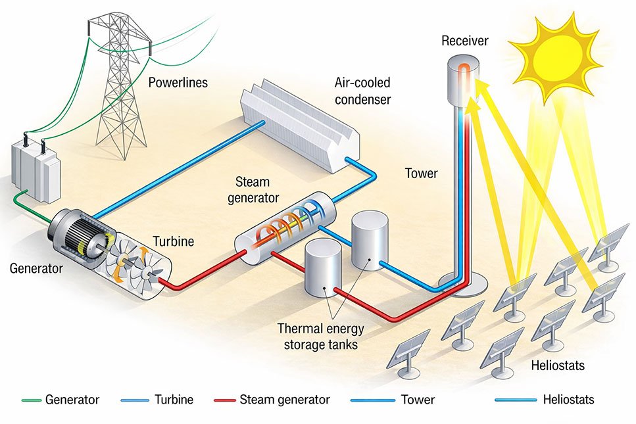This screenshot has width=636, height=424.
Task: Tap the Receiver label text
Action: pos(464,41)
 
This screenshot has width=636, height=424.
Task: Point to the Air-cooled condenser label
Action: pos(362,91)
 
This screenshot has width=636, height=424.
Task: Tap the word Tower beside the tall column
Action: pos(421,174)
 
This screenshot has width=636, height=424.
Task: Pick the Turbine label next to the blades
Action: pos(174,241)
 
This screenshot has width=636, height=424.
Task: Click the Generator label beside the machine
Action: pos(36,268)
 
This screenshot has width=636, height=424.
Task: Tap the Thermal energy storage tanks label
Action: pos(321,335)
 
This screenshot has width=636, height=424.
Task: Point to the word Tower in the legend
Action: pos(418,399)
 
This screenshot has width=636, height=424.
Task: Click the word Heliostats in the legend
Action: pos(569,399)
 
